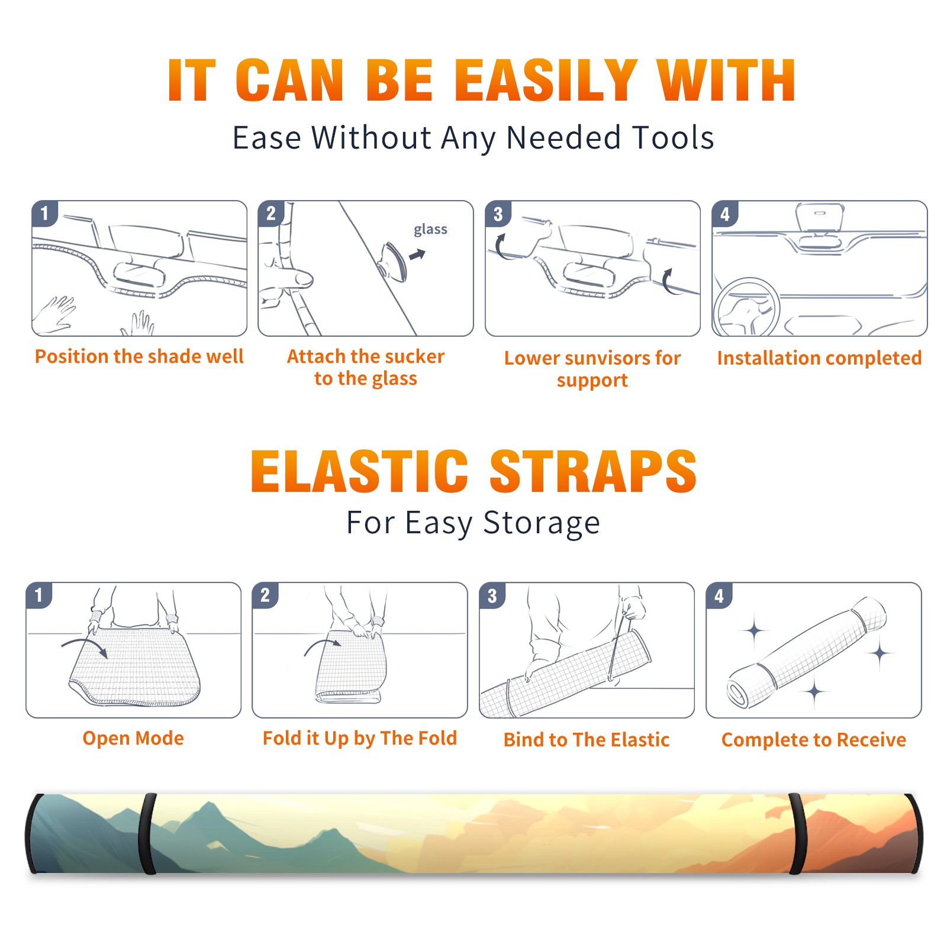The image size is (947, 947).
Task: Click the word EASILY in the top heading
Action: [546, 80]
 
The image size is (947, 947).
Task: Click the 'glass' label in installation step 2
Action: [430, 230]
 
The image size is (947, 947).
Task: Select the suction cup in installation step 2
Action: [392, 261]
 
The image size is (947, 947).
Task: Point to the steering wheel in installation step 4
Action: [746, 307]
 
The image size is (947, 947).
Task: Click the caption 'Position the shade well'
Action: [139, 356]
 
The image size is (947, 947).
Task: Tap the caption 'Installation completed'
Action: [819, 358]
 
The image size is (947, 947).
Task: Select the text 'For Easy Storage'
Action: [473, 523]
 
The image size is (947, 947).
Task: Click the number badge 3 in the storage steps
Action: [492, 595]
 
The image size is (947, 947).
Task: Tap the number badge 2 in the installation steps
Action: [270, 214]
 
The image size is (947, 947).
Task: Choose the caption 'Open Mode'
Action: [133, 738]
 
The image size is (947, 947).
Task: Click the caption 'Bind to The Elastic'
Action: [586, 740]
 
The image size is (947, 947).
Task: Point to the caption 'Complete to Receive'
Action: [814, 740]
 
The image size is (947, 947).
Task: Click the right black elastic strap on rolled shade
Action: [796, 833]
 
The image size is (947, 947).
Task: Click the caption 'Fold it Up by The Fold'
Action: [360, 738]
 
